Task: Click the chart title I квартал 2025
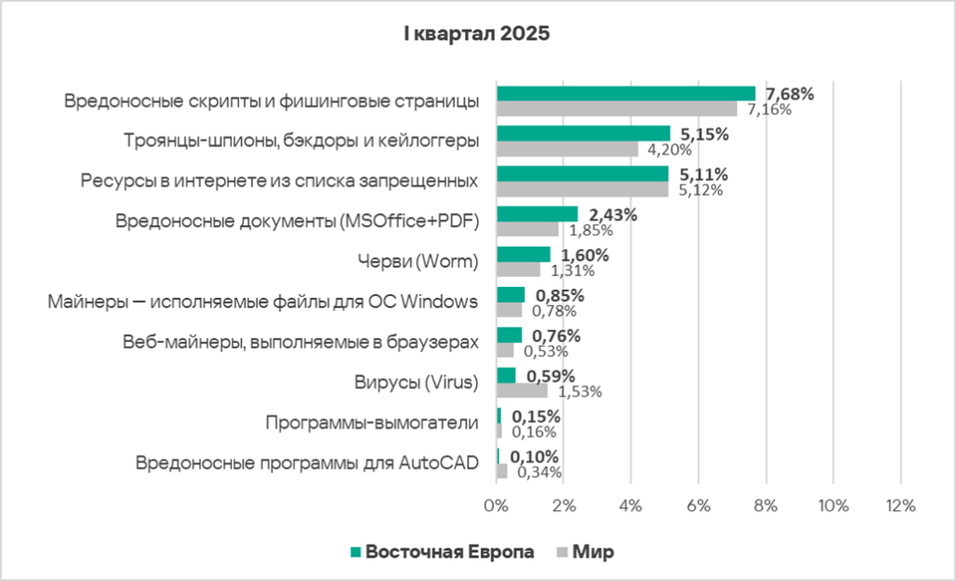(x=477, y=35)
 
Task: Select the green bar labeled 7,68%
(x=626, y=93)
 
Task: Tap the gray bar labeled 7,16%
(x=616, y=109)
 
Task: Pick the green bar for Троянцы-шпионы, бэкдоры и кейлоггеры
(x=583, y=134)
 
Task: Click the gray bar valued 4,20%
(x=567, y=149)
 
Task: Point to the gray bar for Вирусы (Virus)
(x=522, y=391)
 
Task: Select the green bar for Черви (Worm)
(x=523, y=254)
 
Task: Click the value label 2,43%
(x=612, y=215)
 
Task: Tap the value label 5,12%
(x=700, y=190)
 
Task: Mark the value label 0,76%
(x=556, y=335)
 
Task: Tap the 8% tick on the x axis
(x=766, y=505)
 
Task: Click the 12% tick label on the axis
(x=900, y=505)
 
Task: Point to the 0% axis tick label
(x=496, y=505)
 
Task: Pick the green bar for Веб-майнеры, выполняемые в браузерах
(x=509, y=334)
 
